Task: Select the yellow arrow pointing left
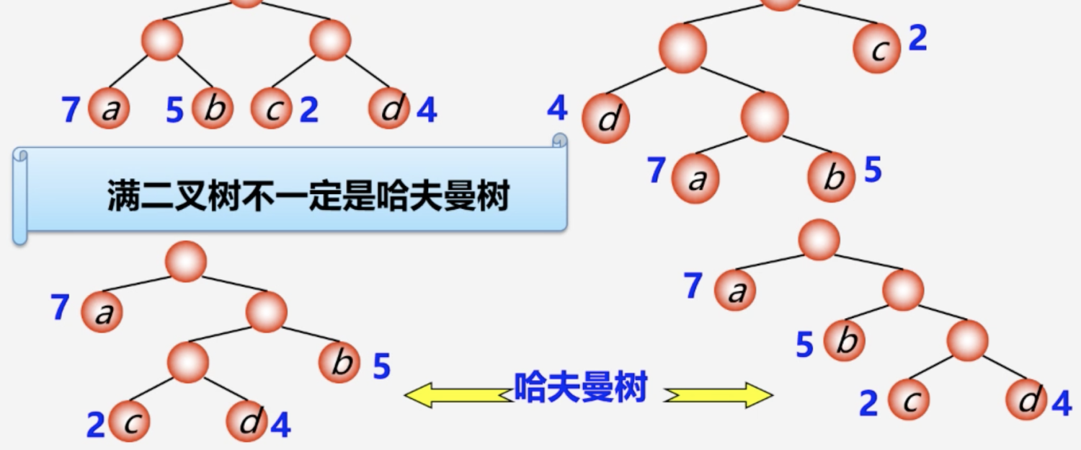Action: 455,394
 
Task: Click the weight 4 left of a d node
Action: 557,107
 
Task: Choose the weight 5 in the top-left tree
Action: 174,110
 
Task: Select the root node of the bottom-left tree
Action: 186,261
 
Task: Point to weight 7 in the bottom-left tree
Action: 60,308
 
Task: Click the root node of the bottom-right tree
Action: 819,239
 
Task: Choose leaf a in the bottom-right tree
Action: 735,291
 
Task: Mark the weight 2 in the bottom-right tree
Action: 868,403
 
